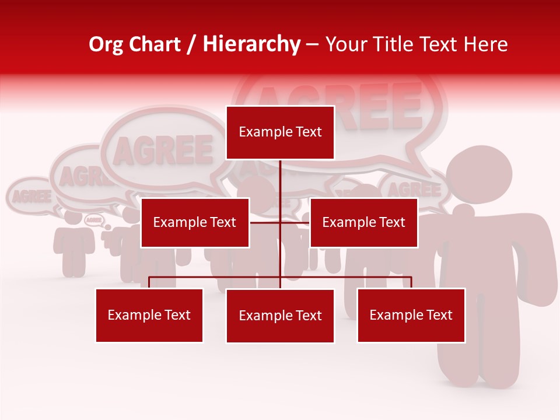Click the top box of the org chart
pos(280,132)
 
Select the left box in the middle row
pos(195,222)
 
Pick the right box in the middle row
pos(363,222)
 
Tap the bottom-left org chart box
pos(149,315)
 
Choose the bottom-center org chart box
pos(280,316)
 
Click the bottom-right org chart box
pos(411,315)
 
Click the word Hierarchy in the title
pos(251,44)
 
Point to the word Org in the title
pos(107,44)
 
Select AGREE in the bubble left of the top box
pos(163,150)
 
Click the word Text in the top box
pos(308,132)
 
